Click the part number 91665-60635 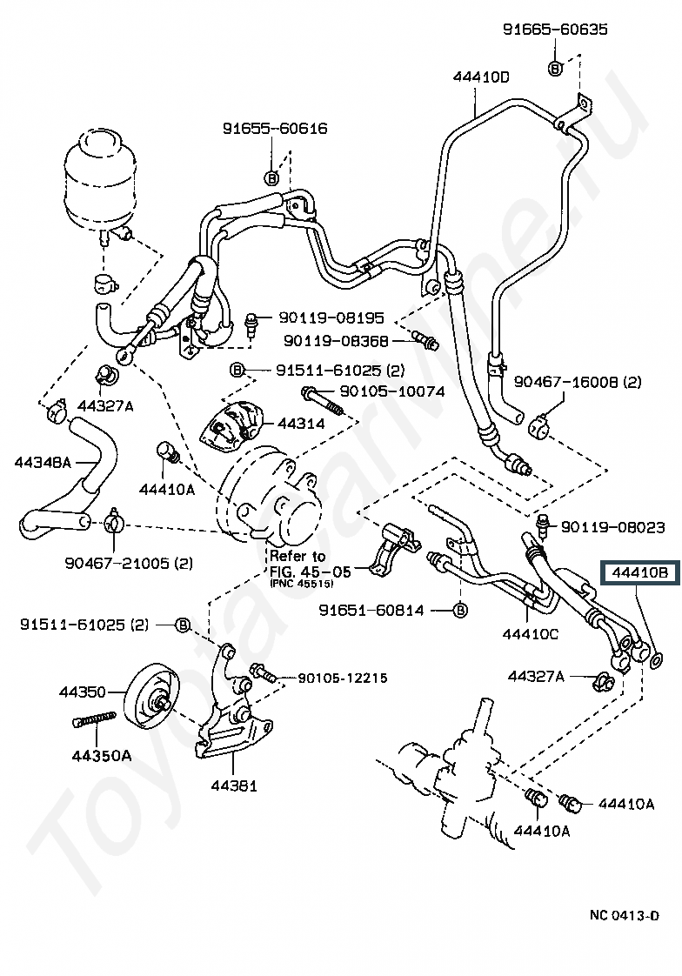pyautogui.click(x=554, y=29)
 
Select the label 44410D pyautogui.click(x=480, y=77)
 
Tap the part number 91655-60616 pyautogui.click(x=274, y=129)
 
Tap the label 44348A pyautogui.click(x=42, y=462)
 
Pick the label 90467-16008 pyautogui.click(x=577, y=382)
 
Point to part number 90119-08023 pyautogui.click(x=612, y=527)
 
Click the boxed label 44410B pyautogui.click(x=639, y=574)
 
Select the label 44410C pyautogui.click(x=530, y=633)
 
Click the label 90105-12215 pyautogui.click(x=342, y=678)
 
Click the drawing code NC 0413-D pyautogui.click(x=624, y=915)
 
